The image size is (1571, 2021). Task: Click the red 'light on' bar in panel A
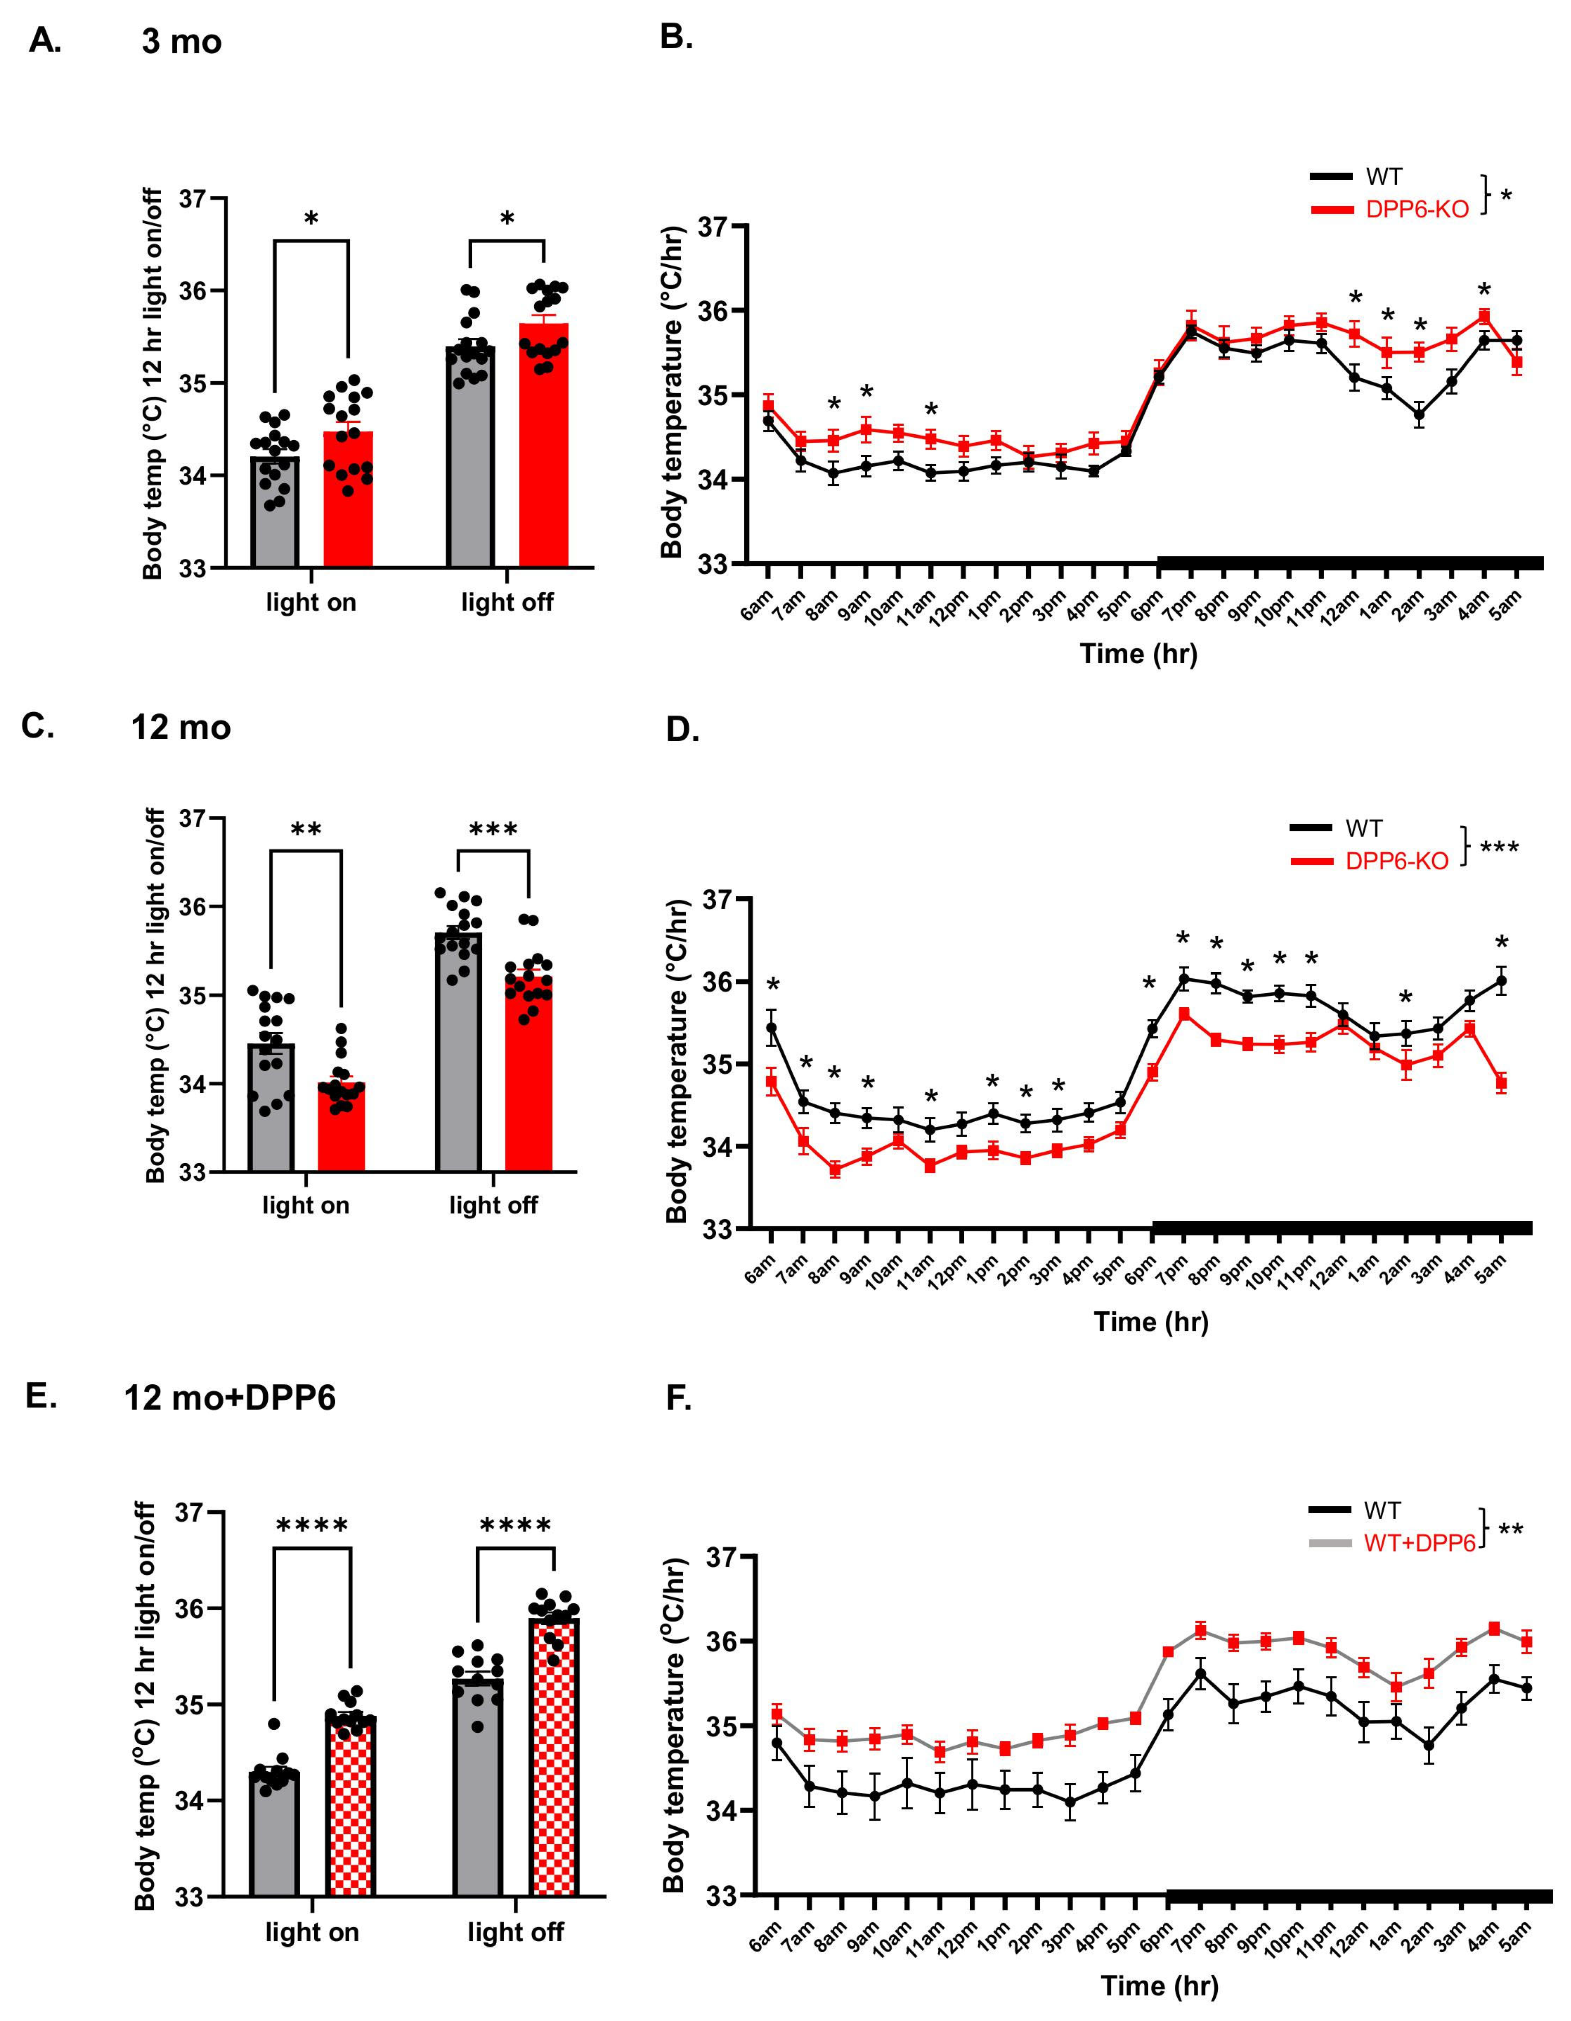[x=348, y=500]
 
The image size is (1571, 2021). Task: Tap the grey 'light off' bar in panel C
[x=458, y=1055]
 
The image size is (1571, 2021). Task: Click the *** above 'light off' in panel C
[x=493, y=829]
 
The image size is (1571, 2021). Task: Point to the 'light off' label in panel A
[x=507, y=602]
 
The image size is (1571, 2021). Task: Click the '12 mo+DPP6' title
[x=229, y=1397]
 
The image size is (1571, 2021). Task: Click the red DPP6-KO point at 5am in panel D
[x=1501, y=1083]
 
